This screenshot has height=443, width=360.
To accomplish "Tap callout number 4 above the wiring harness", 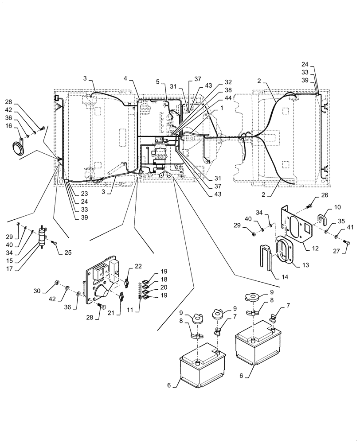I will (x=126, y=78).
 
